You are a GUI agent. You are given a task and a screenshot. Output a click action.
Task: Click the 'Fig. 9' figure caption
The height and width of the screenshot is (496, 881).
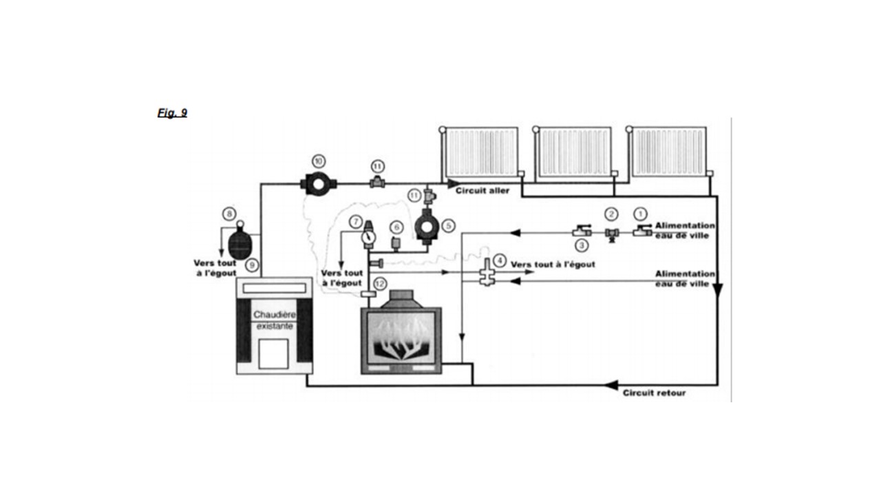coord(172,113)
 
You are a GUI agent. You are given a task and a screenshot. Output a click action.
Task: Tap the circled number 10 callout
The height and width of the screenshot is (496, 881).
coord(319,161)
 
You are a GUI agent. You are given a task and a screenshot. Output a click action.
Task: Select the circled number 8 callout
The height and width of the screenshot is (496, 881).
coord(229,214)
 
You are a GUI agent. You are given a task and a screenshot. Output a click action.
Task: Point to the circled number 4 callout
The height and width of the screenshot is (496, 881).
coord(500,260)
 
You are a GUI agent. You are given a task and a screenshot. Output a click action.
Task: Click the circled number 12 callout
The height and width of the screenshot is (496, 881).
coord(380,284)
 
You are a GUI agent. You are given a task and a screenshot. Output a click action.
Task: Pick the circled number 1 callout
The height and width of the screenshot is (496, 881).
coord(640,214)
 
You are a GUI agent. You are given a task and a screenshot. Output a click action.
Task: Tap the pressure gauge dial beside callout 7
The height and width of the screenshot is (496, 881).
coord(368,237)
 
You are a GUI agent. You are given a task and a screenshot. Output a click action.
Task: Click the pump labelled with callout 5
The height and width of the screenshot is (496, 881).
coord(427,227)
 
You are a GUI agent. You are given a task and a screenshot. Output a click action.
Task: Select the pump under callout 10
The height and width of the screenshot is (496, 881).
coord(319,184)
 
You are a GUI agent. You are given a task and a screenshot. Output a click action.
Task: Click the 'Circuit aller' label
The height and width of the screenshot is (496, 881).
coord(482,191)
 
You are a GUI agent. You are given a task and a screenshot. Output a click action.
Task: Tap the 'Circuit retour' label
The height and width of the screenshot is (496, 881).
coord(654,393)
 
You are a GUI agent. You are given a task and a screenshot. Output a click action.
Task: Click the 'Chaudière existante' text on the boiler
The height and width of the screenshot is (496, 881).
coord(275,320)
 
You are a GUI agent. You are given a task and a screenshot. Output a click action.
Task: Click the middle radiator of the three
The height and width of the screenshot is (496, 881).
coord(574,152)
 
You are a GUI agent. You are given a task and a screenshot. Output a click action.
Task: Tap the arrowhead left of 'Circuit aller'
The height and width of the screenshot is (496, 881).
coord(453,184)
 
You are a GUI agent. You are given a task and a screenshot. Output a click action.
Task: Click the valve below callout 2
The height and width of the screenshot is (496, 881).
coord(612,234)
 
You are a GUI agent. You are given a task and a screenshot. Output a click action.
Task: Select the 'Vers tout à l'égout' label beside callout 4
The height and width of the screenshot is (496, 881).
coord(553,265)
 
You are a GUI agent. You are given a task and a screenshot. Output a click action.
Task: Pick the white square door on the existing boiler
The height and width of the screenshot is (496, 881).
coord(273,353)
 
